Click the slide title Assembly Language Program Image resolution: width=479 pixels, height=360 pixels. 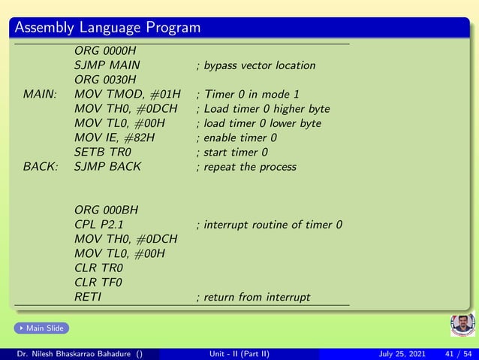107,28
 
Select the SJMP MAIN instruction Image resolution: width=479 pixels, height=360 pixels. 107,65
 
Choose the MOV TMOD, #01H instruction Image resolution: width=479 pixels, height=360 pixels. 128,94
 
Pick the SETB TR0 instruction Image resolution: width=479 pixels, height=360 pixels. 104,152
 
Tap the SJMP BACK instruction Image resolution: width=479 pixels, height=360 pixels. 107,166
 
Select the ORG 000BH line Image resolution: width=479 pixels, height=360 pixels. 106,210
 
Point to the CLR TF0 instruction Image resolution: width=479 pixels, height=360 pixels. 98,282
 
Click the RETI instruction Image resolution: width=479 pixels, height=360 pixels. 88,297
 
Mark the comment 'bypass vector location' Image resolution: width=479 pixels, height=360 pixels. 255,65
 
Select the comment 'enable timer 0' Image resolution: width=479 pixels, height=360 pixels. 236,138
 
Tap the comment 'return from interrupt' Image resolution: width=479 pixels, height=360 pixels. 253,297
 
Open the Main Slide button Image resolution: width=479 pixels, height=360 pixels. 41,328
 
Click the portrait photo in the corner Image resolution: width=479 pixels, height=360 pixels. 462,325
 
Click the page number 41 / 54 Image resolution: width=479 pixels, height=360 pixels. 459,354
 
